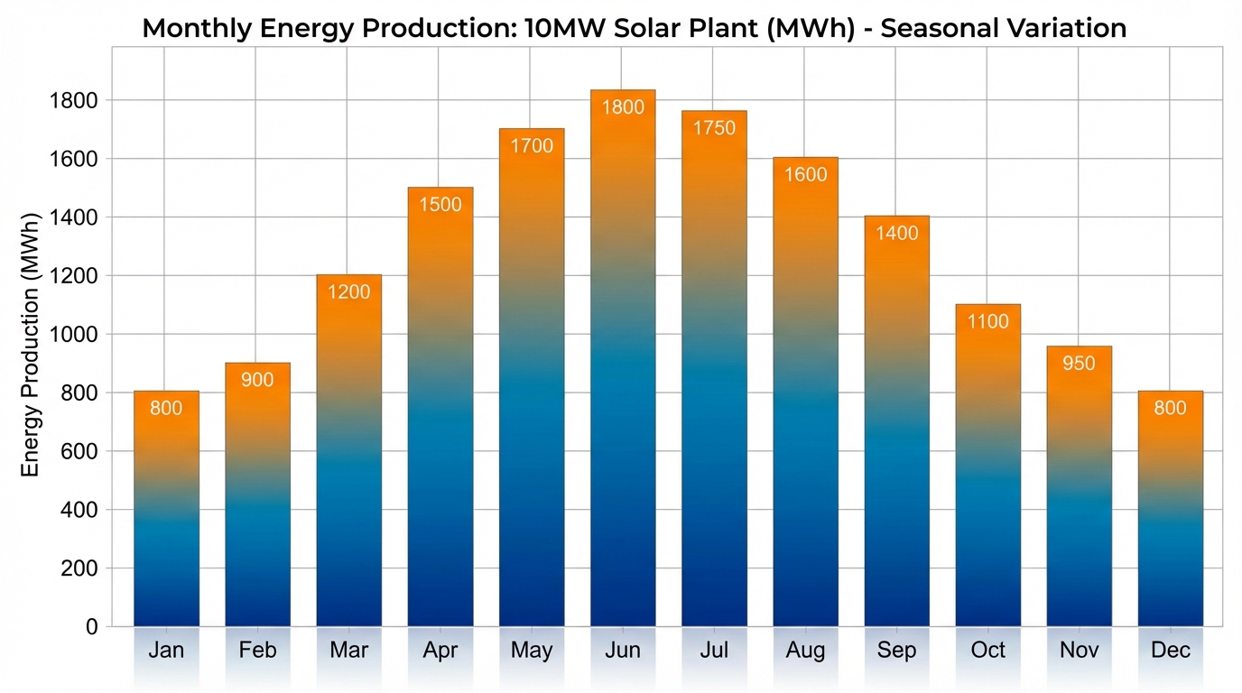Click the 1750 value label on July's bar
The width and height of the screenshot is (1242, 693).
point(714,128)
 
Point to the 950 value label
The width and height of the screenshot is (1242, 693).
point(1079,364)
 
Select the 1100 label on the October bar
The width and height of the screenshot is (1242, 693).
point(987,321)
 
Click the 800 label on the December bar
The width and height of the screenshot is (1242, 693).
point(1170,408)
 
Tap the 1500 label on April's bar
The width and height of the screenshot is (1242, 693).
point(440,205)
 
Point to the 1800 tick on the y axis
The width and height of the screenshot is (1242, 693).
point(72,100)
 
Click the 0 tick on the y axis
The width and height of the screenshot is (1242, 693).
point(92,626)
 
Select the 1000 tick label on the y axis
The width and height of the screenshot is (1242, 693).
point(72,335)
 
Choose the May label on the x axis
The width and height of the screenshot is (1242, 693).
point(532,651)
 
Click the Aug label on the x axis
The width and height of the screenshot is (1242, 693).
point(805,651)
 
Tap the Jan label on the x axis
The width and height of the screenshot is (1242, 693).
point(166,651)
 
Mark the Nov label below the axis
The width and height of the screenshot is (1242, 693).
point(1079,651)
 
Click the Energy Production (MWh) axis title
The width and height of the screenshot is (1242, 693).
point(32,345)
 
